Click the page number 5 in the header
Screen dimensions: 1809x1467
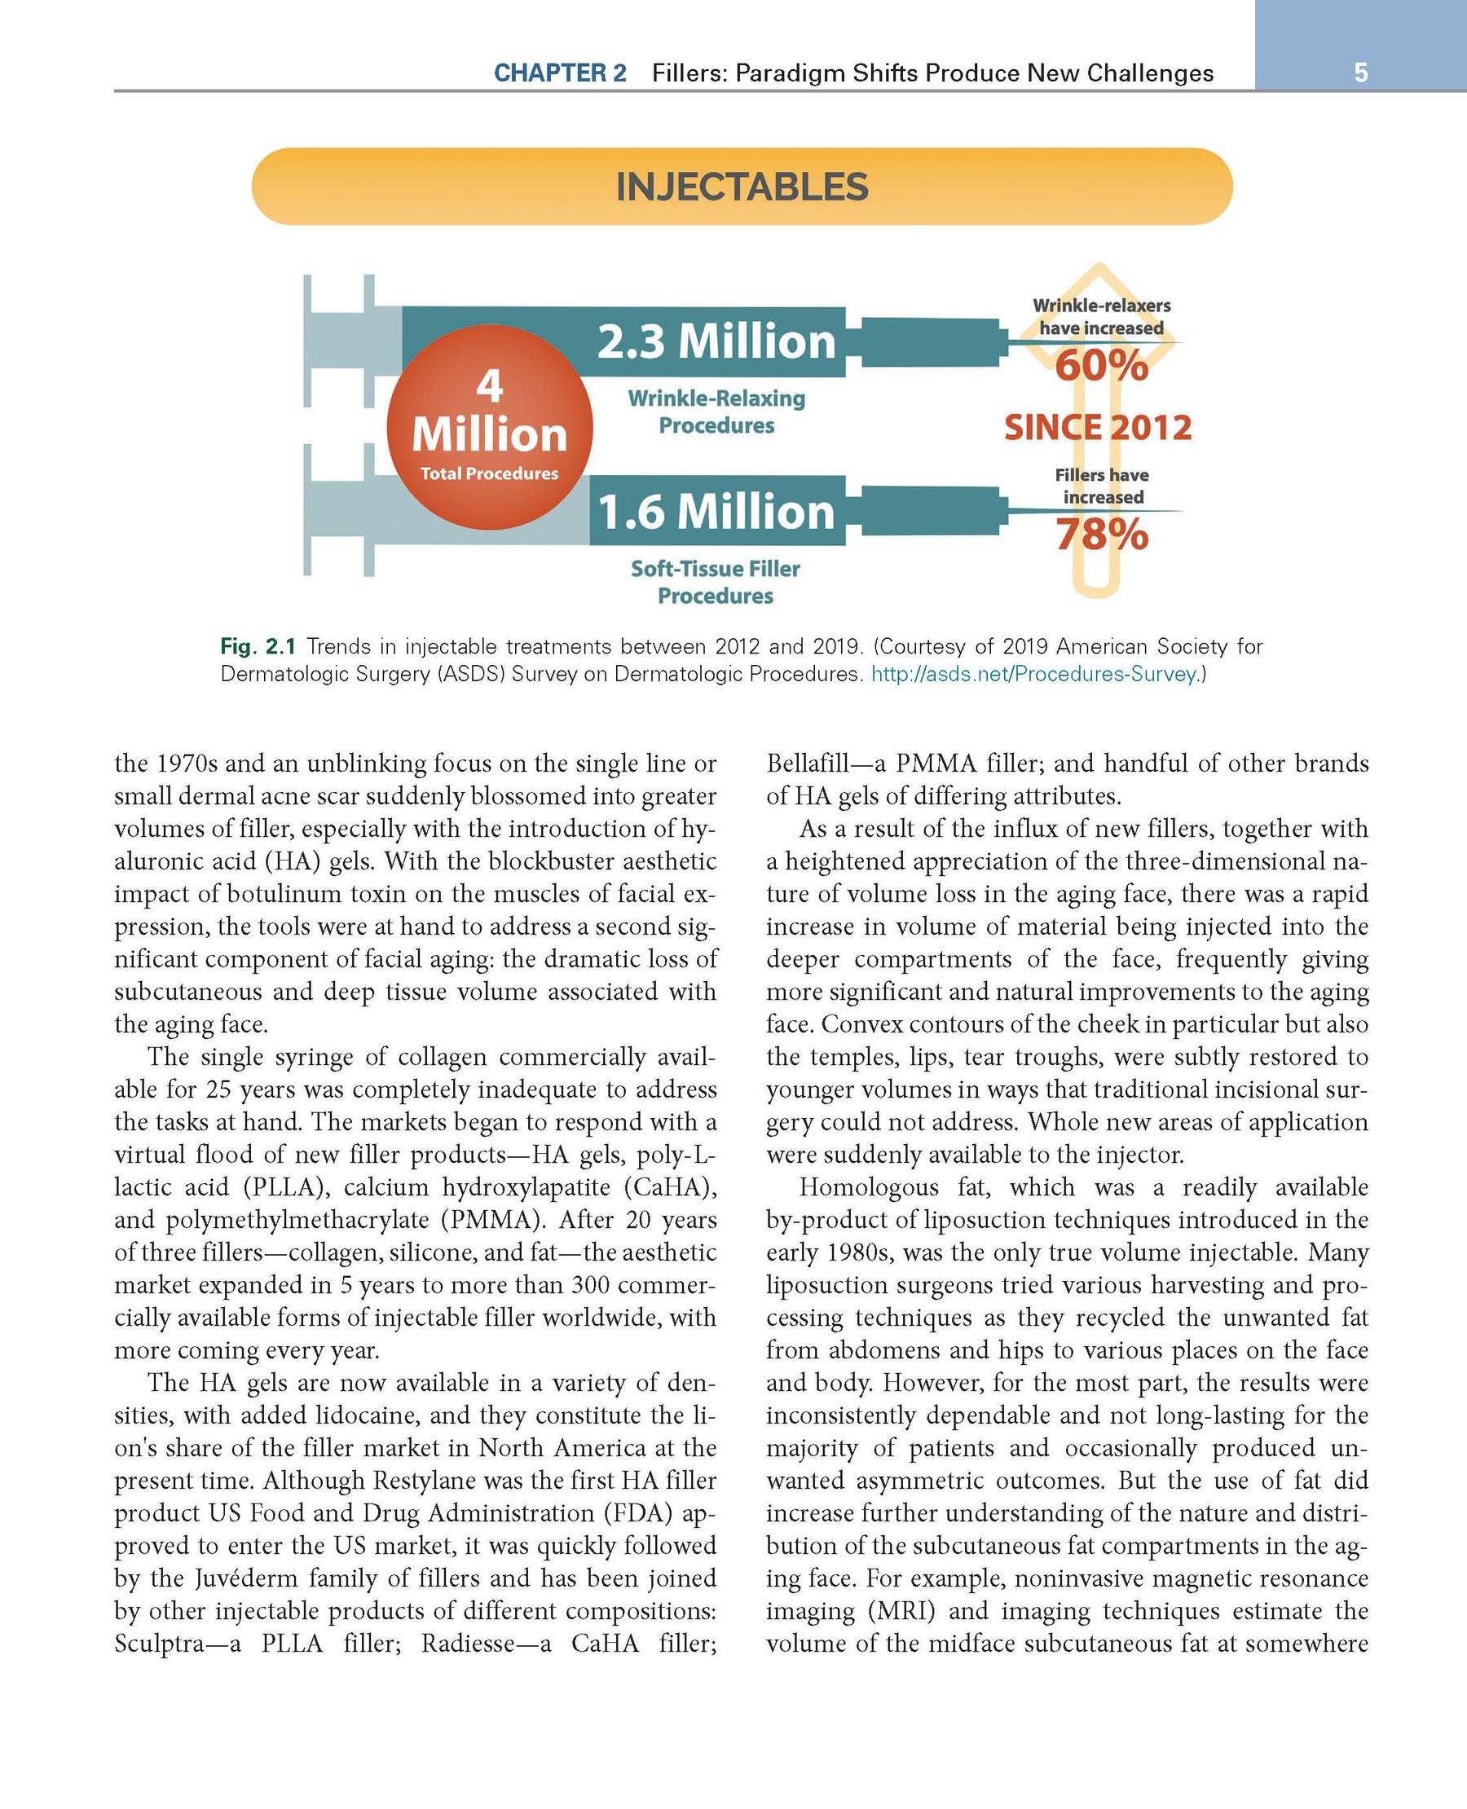pyautogui.click(x=1359, y=73)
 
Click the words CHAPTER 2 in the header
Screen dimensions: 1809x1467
pyautogui.click(x=559, y=73)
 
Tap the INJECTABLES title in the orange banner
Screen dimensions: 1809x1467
pyautogui.click(x=742, y=187)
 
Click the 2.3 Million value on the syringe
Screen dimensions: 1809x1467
pyautogui.click(x=716, y=341)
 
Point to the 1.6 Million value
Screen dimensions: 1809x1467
pyautogui.click(x=716, y=511)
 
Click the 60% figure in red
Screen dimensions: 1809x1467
pyautogui.click(x=1101, y=366)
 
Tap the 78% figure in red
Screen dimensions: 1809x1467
pyautogui.click(x=1101, y=535)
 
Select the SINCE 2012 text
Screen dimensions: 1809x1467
pyautogui.click(x=1098, y=428)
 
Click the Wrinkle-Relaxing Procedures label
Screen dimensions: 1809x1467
pyautogui.click(x=716, y=412)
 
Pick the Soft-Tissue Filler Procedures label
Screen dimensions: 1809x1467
pyautogui.click(x=715, y=582)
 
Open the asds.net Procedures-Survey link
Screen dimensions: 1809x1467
pyautogui.click(x=1034, y=674)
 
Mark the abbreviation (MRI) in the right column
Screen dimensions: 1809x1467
pyautogui.click(x=901, y=1610)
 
